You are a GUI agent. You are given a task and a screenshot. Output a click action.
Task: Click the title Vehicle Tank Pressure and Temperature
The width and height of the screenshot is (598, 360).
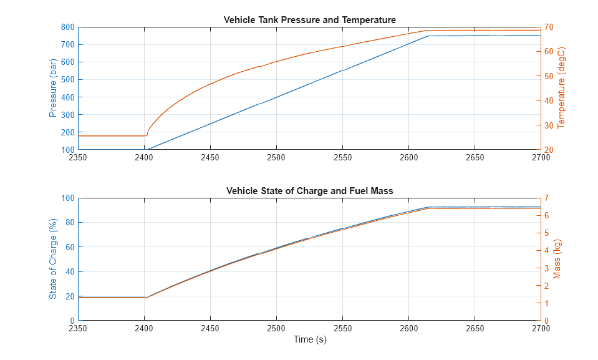(309, 20)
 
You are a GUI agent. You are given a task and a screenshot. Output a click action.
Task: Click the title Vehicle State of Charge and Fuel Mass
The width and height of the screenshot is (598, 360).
(309, 191)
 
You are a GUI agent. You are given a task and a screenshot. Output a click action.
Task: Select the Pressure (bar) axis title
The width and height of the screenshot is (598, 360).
(54, 89)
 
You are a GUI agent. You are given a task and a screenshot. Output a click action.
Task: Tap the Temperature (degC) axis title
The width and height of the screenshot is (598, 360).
(561, 89)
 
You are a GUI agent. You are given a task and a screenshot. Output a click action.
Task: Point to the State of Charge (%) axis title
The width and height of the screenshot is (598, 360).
(54, 260)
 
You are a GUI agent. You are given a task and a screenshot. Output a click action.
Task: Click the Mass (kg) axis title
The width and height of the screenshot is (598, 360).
(557, 260)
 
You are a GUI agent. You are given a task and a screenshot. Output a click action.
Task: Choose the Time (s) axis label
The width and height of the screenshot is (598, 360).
(309, 340)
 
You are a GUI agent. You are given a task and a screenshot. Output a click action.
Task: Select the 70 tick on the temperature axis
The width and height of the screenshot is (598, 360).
(550, 27)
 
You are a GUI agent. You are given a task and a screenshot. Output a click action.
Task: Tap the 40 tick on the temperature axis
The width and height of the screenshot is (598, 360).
(550, 101)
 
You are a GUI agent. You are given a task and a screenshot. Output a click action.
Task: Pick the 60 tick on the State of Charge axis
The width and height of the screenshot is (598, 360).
(69, 248)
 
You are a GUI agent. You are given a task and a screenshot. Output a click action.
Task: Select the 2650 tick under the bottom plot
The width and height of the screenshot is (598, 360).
(475, 329)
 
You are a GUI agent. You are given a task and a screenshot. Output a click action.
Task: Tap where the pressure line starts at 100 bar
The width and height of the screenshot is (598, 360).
(148, 150)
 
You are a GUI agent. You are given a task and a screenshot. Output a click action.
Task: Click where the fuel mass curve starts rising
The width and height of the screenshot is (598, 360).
(147, 297)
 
